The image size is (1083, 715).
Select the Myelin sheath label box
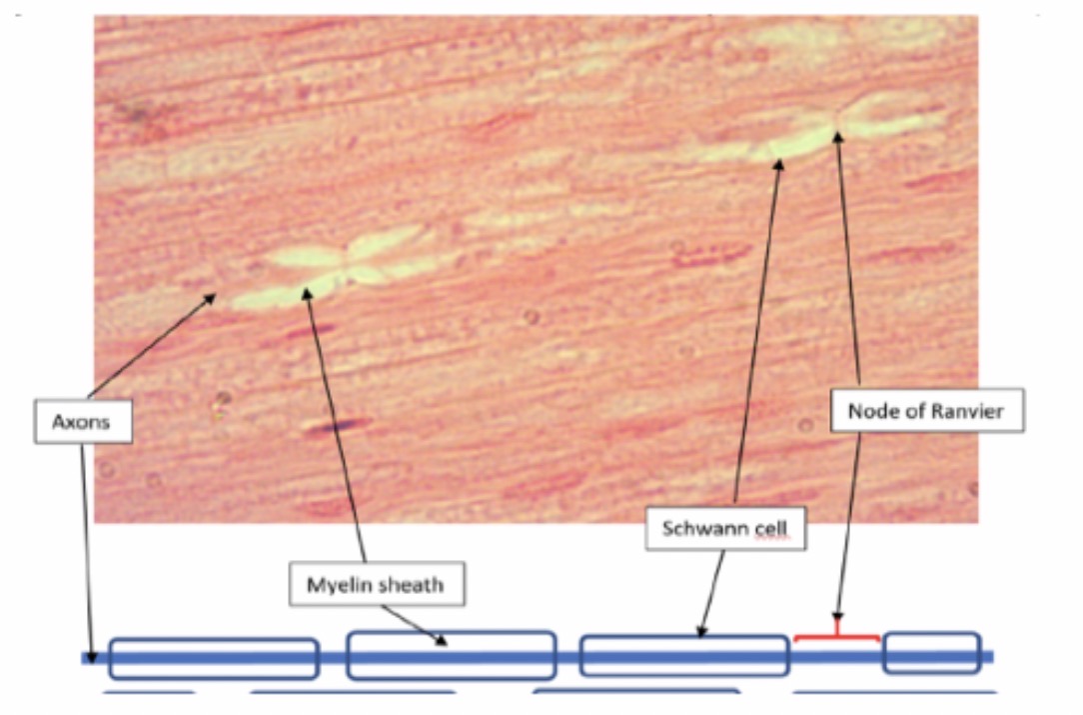[x=377, y=584]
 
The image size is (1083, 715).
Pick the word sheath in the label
[x=412, y=584]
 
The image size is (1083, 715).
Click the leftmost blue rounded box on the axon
[x=213, y=658]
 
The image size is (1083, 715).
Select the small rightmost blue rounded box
[x=931, y=652]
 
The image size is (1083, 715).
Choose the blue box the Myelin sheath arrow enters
[x=451, y=655]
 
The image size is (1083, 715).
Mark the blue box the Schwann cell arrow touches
[x=684, y=655]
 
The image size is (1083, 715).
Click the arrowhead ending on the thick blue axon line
[x=92, y=659]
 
